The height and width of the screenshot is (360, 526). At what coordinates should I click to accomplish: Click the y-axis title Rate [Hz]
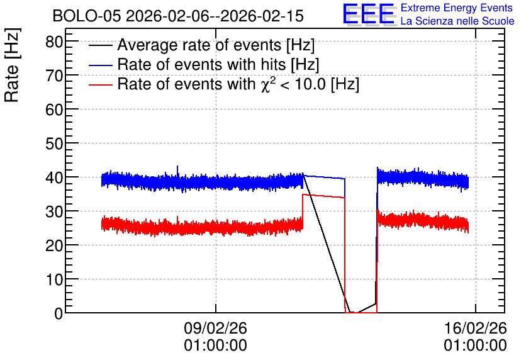click(x=12, y=65)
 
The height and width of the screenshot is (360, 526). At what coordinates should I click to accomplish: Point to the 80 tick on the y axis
click(x=54, y=42)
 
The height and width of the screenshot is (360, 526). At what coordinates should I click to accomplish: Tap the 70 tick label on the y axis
click(x=54, y=76)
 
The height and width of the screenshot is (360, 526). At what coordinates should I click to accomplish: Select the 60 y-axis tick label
click(x=54, y=110)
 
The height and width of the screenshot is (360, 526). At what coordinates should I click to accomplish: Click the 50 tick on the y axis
click(x=54, y=143)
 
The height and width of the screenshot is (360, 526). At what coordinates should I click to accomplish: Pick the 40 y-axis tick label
click(x=54, y=177)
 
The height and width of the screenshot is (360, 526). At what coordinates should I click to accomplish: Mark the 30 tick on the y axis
click(x=54, y=211)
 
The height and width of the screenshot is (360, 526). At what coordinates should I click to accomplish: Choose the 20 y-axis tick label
click(x=54, y=245)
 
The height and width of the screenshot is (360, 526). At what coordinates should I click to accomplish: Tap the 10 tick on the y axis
click(x=54, y=279)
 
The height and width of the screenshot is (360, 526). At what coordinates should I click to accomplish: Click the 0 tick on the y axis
click(x=59, y=313)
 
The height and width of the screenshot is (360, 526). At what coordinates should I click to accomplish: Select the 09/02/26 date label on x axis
click(x=215, y=328)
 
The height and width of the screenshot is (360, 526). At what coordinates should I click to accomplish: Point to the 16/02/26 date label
click(x=475, y=328)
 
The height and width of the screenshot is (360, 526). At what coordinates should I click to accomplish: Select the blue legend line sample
click(x=100, y=65)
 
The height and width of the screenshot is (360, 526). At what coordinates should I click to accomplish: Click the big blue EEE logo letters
click(x=369, y=14)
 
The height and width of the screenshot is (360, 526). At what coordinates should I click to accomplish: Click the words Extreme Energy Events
click(x=457, y=8)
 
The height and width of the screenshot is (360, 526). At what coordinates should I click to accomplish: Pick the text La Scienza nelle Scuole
click(x=457, y=21)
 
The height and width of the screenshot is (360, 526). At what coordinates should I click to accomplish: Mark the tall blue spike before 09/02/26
click(x=177, y=171)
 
